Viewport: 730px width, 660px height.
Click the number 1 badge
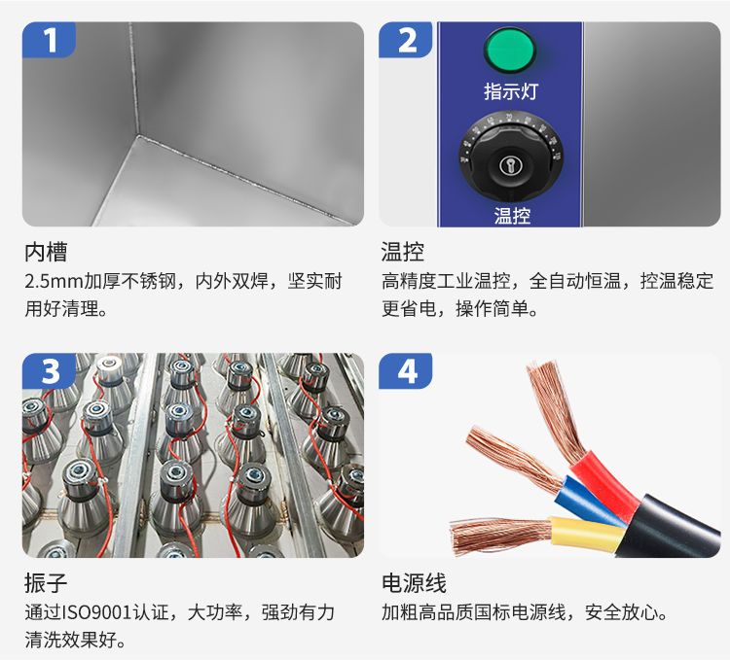pos(49,40)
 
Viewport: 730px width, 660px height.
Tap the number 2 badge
pos(406,40)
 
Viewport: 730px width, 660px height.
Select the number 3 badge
pos(49,371)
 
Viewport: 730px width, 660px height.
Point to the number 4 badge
pos(406,371)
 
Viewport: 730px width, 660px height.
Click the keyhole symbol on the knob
pos(509,165)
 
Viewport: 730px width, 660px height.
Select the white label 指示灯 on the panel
pos(511,91)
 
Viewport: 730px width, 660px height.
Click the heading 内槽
pos(46,253)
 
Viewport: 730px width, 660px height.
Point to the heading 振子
pos(46,583)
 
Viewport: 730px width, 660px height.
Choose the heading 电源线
pos(414,583)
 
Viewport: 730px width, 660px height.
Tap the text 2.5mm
pos(54,282)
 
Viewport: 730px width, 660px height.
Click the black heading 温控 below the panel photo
pos(403,253)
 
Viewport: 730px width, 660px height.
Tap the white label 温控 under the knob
pos(512,216)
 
